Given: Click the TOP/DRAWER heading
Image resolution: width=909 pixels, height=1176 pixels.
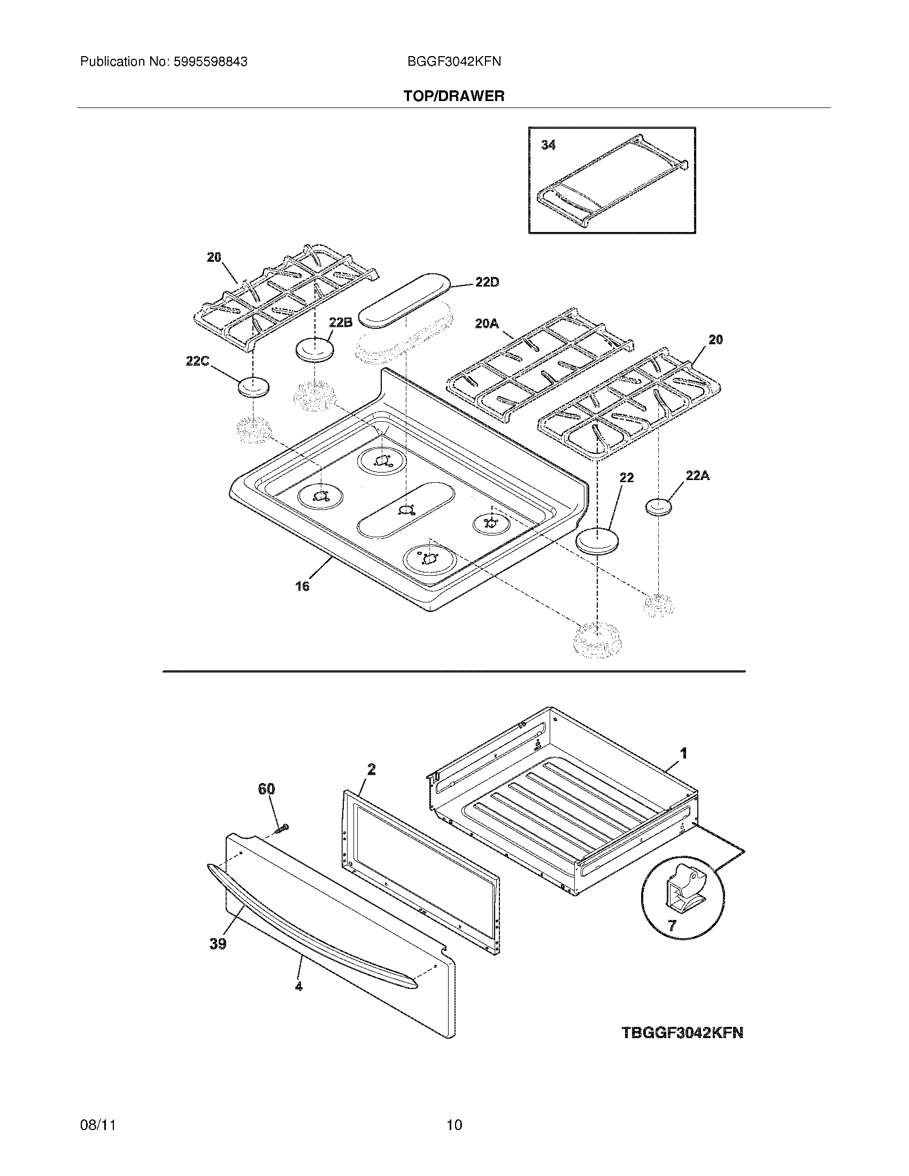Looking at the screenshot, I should [x=454, y=96].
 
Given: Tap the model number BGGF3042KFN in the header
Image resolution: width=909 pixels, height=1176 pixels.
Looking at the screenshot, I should [x=454, y=62].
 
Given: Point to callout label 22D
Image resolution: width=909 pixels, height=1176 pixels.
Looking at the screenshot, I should [x=487, y=282].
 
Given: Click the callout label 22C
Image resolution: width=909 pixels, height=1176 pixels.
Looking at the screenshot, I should [x=197, y=361].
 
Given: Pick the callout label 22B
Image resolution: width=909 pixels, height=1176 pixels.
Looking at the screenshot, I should [x=340, y=322].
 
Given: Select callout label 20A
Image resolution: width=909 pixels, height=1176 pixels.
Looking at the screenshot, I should [x=487, y=323].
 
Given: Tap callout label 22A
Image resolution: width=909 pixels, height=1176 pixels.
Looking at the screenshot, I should [x=697, y=475].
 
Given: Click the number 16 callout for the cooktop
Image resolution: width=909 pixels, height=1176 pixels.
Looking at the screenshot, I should [x=302, y=586].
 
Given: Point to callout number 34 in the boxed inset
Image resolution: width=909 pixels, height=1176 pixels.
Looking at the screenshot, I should [x=548, y=145].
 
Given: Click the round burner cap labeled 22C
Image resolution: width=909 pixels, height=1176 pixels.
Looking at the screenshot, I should [x=253, y=388].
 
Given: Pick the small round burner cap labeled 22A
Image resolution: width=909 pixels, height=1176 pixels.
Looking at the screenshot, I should [x=659, y=507].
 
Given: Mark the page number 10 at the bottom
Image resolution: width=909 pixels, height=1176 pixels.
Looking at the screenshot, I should [x=454, y=1125].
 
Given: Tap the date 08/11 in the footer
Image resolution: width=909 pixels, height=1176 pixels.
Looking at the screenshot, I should [x=98, y=1125].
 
